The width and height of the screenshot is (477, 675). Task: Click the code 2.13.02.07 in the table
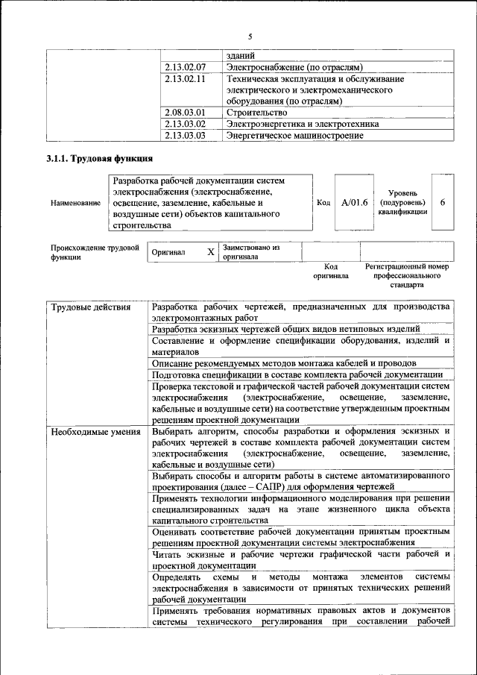coord(185,67)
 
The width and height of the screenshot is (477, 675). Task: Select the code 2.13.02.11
coord(185,78)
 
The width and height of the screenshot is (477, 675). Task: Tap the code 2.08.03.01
coord(185,113)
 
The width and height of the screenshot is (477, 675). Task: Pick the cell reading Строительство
coord(256,113)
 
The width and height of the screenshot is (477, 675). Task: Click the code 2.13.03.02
coord(185,124)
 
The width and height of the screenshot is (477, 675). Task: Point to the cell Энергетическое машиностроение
coord(295,136)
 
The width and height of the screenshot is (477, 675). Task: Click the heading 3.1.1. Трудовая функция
coord(100,159)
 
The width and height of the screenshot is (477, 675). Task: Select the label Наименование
coord(75,203)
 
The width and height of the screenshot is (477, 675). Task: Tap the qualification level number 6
coord(443,202)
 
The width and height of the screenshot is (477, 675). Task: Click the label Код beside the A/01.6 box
coord(323,202)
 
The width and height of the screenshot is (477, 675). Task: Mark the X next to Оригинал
coord(211,252)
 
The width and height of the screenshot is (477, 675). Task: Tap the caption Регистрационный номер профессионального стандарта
coord(406,275)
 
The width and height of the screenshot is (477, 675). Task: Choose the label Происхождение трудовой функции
coord(95,252)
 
